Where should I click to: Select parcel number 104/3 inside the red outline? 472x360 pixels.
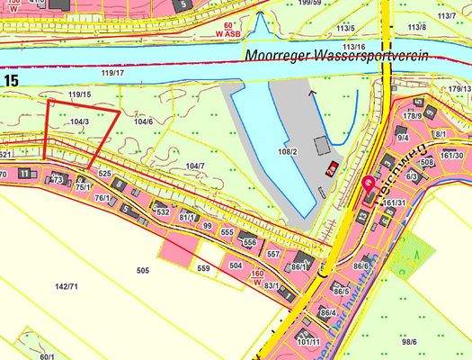click(x=79, y=121)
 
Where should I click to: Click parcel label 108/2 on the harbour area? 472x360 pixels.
click(x=288, y=152)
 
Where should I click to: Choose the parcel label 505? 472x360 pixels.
click(x=142, y=269)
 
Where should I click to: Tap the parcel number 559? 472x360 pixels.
click(x=203, y=268)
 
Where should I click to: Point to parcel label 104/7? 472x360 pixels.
click(x=194, y=166)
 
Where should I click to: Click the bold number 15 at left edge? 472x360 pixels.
click(x=10, y=82)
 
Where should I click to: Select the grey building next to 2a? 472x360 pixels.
click(x=322, y=146)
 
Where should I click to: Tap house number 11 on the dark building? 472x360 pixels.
click(x=23, y=172)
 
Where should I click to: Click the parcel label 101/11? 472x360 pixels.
click(x=308, y=342)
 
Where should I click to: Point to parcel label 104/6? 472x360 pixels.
click(x=142, y=121)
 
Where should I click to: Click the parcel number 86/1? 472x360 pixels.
click(x=299, y=267)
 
